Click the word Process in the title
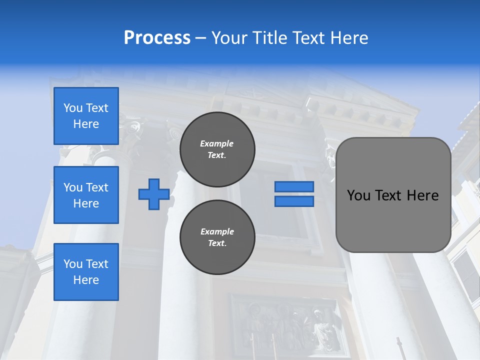157,38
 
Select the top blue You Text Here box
86,116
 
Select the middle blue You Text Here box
86,195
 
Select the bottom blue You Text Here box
86,272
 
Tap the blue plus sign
153,194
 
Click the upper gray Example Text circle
217,149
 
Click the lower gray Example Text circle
217,237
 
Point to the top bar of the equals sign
294,186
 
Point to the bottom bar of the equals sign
294,201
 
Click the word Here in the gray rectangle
422,195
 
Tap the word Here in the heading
349,38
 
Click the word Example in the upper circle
216,143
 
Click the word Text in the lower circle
216,243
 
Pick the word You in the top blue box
73,108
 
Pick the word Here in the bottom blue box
86,280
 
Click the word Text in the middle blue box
97,187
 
